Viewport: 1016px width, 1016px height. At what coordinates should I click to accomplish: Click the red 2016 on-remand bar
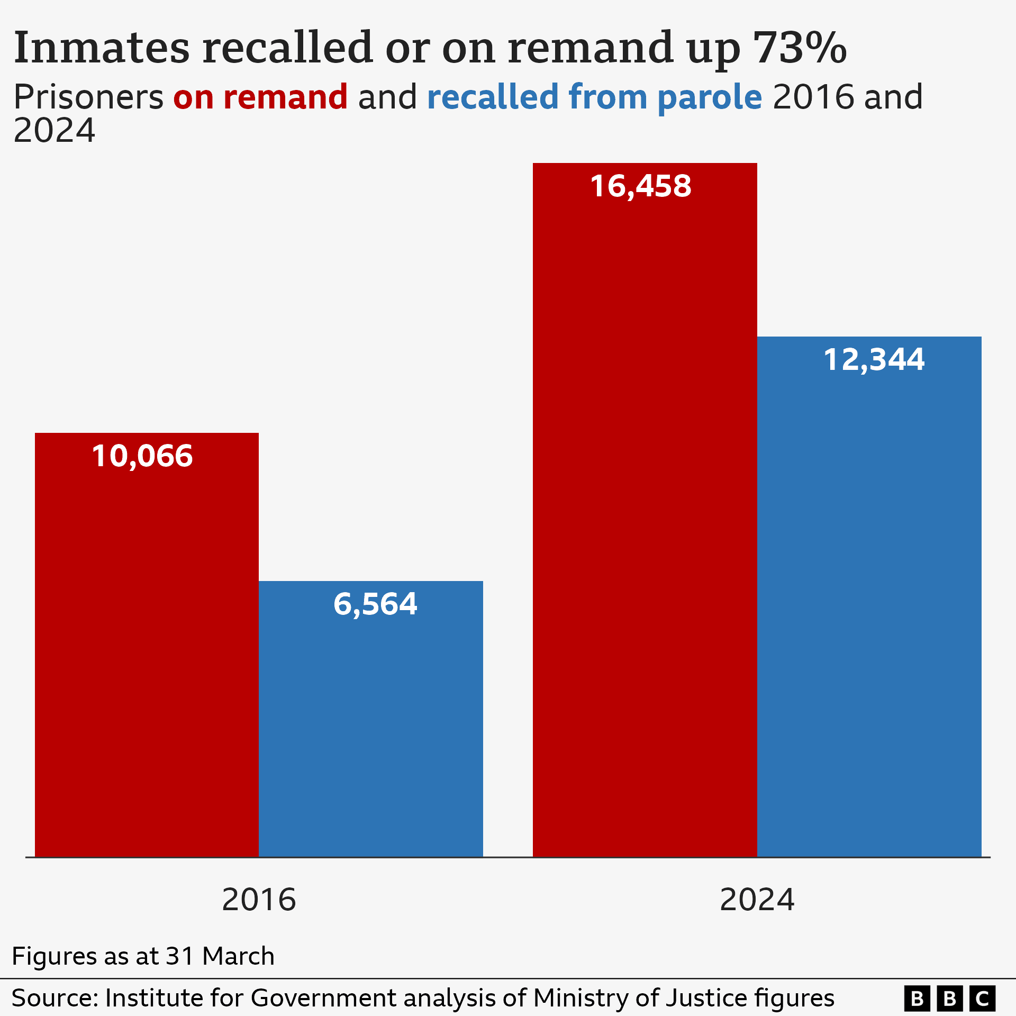[x=147, y=661]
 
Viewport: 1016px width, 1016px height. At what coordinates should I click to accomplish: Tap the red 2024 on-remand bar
[x=645, y=529]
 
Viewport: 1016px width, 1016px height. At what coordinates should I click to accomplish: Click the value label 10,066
[x=142, y=456]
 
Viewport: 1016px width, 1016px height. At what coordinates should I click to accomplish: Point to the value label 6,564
[x=375, y=604]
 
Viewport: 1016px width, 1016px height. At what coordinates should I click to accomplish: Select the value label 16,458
[x=641, y=186]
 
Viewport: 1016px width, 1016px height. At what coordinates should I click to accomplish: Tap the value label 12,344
[x=874, y=360]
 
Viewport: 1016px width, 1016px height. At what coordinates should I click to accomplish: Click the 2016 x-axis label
[x=259, y=900]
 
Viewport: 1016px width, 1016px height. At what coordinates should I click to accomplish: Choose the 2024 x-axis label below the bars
[x=757, y=900]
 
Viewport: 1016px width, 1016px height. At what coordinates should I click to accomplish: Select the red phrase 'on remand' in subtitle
[x=260, y=97]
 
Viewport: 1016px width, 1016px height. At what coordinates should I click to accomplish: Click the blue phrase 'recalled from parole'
[x=594, y=97]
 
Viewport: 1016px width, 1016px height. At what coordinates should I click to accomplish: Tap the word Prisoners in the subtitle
[x=88, y=97]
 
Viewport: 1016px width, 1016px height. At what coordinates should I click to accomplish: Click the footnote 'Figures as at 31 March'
[x=143, y=956]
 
